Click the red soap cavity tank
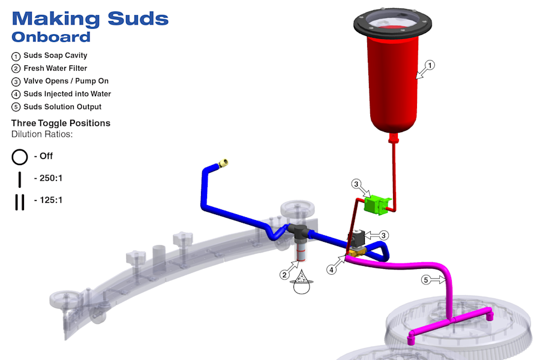point(392,83)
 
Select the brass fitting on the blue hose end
point(224,163)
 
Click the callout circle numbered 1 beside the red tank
point(430,65)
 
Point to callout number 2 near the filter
point(284,275)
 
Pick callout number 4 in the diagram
point(331,270)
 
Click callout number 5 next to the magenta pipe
point(426,280)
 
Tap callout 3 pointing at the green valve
point(356,184)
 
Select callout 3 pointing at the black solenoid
point(384,236)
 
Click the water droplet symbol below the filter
point(302,283)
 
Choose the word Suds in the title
point(138,19)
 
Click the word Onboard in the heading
point(51,37)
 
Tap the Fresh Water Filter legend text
point(55,68)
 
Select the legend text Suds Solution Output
point(62,107)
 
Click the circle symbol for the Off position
point(20,157)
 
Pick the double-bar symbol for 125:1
point(20,202)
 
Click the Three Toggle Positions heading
point(61,123)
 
